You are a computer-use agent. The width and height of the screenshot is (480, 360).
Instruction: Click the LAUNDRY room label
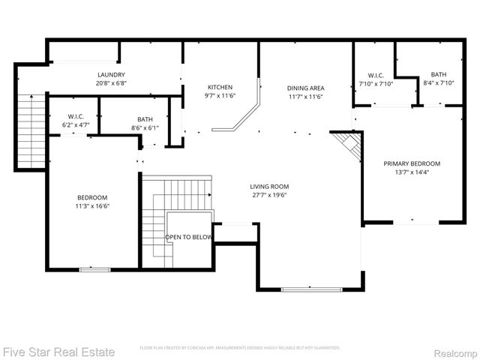click(111, 75)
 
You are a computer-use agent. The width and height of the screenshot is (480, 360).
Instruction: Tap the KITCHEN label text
click(220, 87)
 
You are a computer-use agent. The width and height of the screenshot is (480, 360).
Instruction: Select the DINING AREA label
click(305, 87)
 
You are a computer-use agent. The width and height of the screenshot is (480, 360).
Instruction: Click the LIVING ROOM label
click(269, 187)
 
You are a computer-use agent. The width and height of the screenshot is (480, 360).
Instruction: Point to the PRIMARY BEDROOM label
click(411, 163)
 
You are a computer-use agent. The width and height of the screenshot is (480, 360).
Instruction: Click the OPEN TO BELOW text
click(189, 238)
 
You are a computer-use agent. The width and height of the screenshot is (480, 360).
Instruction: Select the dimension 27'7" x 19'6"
click(269, 195)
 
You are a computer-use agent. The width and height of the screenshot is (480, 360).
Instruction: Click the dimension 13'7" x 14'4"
click(411, 172)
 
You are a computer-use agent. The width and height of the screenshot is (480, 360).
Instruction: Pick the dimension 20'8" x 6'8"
click(111, 83)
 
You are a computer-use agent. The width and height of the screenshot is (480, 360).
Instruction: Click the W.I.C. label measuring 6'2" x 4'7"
click(76, 116)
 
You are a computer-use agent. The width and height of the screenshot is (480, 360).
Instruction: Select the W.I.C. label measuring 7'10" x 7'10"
click(376, 75)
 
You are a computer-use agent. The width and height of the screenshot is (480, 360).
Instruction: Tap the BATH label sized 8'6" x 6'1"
click(145, 119)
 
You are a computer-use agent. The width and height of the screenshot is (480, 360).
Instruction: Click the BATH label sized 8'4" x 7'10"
click(438, 75)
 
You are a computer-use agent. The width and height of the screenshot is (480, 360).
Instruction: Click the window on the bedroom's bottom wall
click(92, 268)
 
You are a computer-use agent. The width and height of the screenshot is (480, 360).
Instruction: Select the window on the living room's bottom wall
click(311, 289)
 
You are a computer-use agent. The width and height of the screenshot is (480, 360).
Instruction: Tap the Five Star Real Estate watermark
click(58, 351)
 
